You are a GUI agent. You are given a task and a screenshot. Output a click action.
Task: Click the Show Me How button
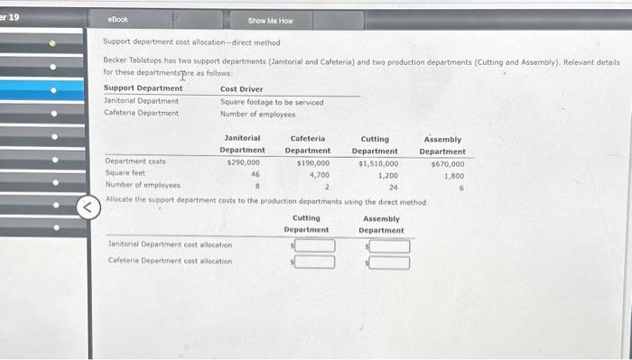tap(270, 20)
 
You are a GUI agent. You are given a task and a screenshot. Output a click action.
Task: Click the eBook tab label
tap(117, 19)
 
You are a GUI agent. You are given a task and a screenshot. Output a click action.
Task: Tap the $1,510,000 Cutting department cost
tap(378, 163)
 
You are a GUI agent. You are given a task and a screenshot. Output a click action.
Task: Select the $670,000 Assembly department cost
tap(448, 163)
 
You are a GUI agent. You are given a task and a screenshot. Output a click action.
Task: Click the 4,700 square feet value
tap(318, 174)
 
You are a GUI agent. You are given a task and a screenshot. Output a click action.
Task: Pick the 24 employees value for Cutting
tap(393, 187)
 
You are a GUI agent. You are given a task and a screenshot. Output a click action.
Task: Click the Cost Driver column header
tap(242, 88)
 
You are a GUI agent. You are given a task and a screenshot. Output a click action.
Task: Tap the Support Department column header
tap(144, 88)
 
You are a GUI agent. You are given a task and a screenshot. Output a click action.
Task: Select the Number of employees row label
tap(142, 186)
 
